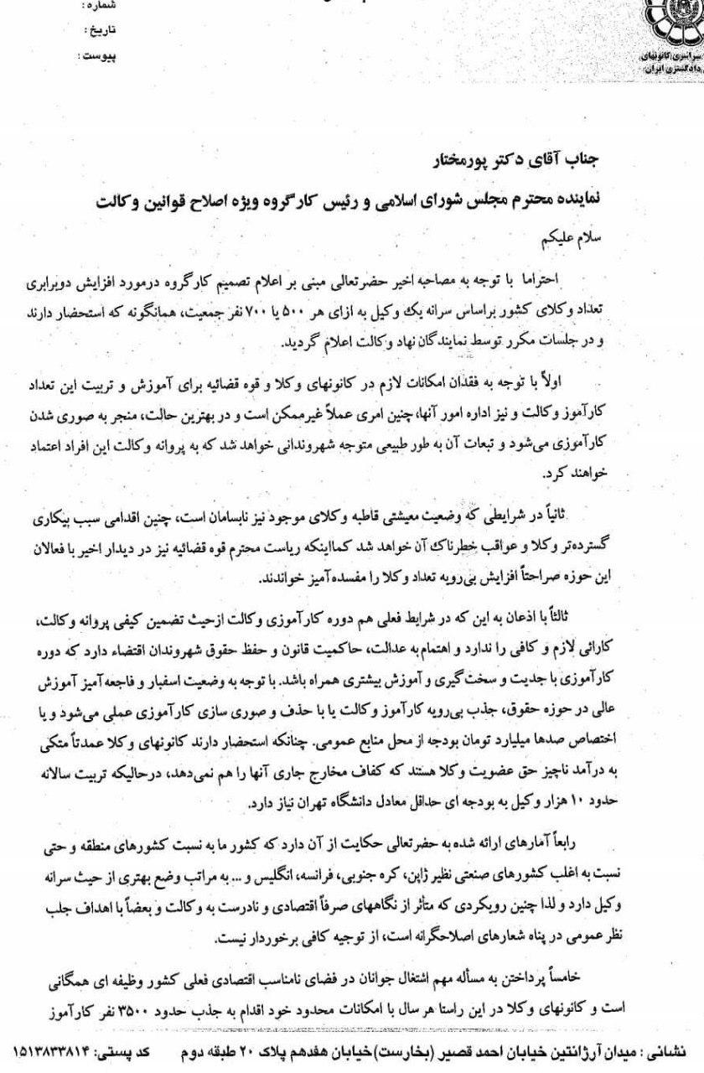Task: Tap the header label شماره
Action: tap(101, 6)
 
